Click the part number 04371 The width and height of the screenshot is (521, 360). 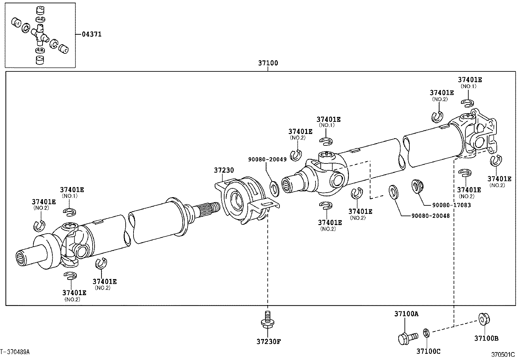coord(92,34)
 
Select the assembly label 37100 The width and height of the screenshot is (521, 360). coord(268,63)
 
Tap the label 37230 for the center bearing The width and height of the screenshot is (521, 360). coord(224,170)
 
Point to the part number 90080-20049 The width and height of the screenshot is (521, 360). coord(267,160)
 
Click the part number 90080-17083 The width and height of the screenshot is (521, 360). coord(451,205)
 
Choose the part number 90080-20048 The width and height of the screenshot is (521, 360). coord(431,216)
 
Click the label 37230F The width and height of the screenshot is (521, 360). coord(269,342)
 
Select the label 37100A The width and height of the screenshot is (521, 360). coord(406,314)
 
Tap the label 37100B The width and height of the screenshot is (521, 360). coord(486,338)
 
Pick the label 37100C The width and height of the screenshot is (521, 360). coord(428,351)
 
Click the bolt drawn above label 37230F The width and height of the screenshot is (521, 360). coord(267,320)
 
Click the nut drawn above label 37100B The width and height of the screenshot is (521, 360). coord(484,319)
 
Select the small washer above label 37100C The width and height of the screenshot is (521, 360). coord(426,333)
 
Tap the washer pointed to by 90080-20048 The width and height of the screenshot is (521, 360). coord(393,192)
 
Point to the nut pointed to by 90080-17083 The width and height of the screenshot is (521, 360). coord(417,187)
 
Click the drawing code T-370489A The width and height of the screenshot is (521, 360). coord(15,352)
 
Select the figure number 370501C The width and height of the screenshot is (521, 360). coord(503,355)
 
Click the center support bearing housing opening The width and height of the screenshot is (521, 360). coord(237,199)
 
